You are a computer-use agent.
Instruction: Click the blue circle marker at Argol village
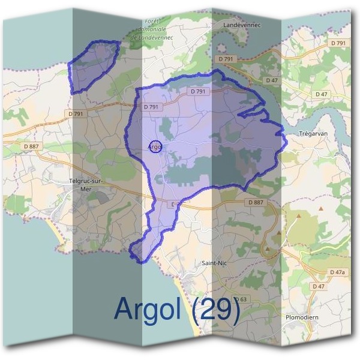pos(155,146)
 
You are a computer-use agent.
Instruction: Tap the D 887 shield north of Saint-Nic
pos(255,203)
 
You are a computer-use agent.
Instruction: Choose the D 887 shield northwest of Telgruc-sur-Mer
pos(31,146)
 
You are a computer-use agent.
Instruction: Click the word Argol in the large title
pos(153,309)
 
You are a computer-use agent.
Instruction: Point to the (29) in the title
pos(218,309)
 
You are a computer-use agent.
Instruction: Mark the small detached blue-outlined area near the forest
pos(92,65)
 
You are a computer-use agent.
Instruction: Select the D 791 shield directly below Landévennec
pos(226,59)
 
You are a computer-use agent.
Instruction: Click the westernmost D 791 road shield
pos(76,113)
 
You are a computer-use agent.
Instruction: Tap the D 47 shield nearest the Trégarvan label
pos(322,94)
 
